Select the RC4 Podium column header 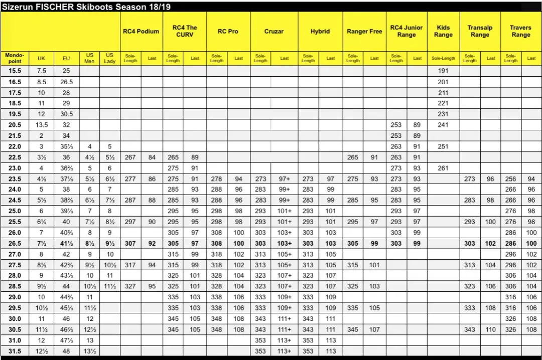(x=141, y=31)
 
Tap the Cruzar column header (x=274, y=31)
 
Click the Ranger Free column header (x=364, y=31)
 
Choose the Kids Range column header (x=443, y=31)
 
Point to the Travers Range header (x=520, y=31)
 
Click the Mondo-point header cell (x=15, y=58)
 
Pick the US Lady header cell (x=110, y=58)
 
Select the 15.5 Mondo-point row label (x=15, y=71)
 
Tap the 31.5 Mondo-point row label (x=15, y=351)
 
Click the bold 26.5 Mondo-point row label (x=15, y=243)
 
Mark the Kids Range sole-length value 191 (x=443, y=71)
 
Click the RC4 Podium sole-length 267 (x=130, y=157)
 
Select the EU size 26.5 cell (x=66, y=82)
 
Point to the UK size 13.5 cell (x=41, y=125)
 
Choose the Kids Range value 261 (x=443, y=168)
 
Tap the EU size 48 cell (x=66, y=351)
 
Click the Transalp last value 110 (x=491, y=329)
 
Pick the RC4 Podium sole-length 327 (x=130, y=286)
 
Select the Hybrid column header (x=320, y=31)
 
